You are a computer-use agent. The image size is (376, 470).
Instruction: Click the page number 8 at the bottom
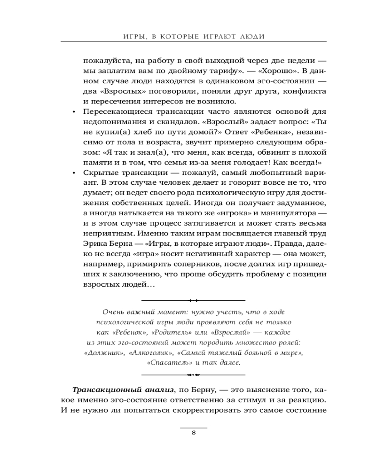pyautogui.click(x=193, y=433)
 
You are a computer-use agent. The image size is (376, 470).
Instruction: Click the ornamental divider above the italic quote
pyautogui.click(x=193, y=299)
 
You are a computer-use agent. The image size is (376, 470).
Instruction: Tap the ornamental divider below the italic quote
pyautogui.click(x=193, y=375)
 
